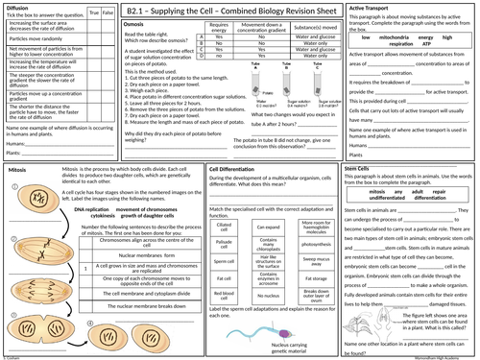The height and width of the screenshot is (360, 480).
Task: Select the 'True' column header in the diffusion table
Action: click(x=90, y=13)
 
